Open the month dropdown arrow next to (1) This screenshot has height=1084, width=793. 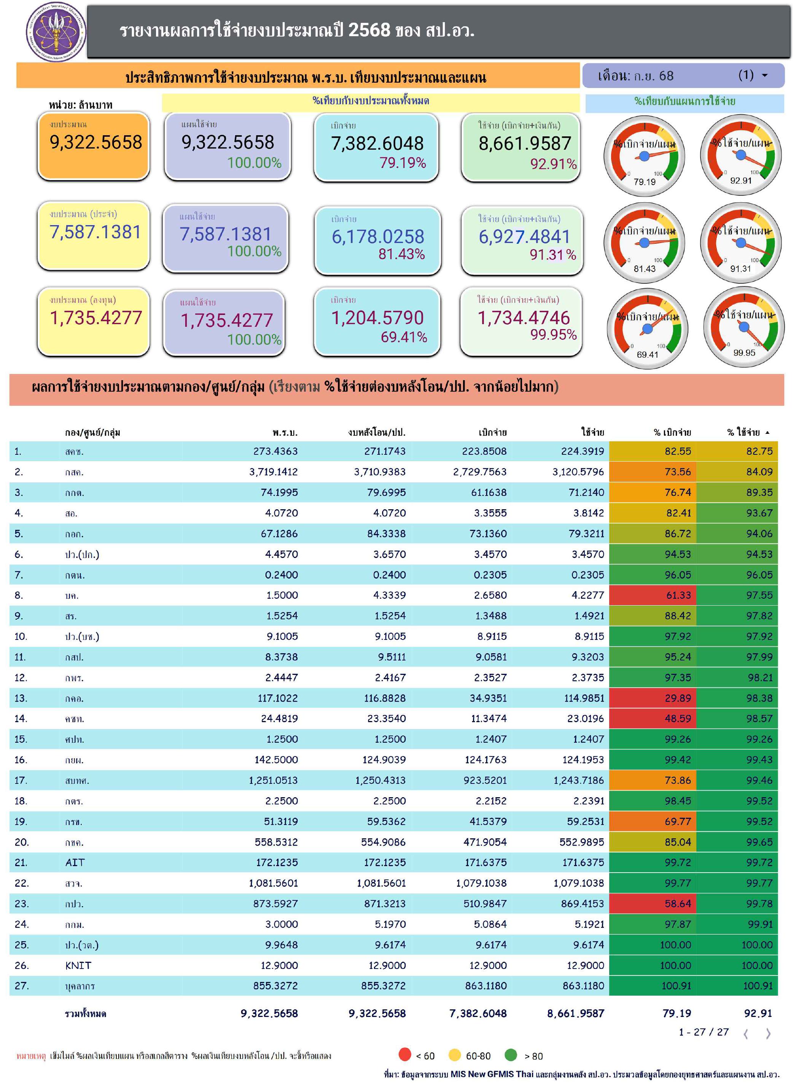tap(765, 75)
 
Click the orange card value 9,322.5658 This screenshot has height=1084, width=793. tap(96, 142)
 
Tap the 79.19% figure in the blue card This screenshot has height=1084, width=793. tap(403, 163)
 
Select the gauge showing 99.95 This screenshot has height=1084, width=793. tap(744, 329)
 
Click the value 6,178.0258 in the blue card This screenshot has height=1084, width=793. tap(378, 237)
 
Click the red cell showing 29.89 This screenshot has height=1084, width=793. tap(677, 698)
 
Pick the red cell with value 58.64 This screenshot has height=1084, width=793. tap(677, 903)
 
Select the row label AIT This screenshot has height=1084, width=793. tap(75, 862)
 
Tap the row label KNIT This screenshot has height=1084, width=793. tap(78, 965)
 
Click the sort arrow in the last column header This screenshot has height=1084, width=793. tap(767, 432)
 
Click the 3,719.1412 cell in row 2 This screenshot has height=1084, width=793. tap(273, 472)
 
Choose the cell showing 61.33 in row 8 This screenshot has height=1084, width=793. tap(677, 595)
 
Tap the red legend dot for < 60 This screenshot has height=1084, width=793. tap(404, 1055)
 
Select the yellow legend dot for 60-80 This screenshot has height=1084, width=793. tap(454, 1055)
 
